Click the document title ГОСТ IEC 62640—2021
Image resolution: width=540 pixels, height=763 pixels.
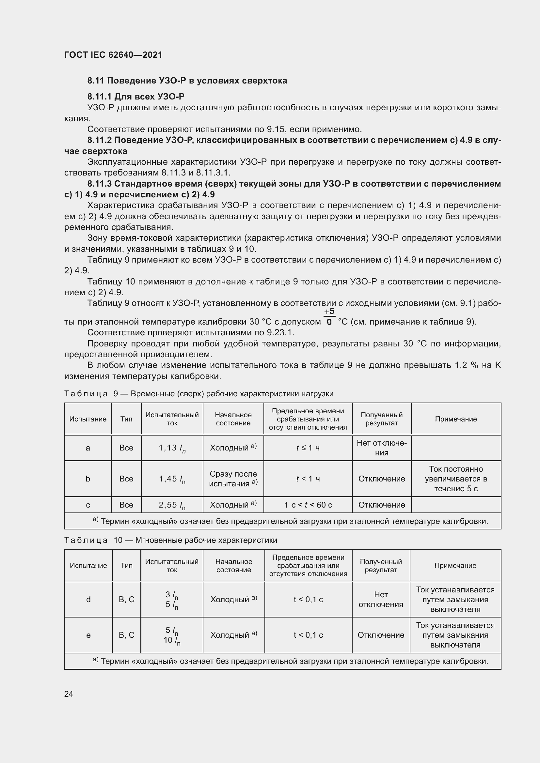(113, 55)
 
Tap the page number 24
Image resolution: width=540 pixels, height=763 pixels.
(69, 694)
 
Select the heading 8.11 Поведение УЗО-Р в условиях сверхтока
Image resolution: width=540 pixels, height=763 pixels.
(187, 81)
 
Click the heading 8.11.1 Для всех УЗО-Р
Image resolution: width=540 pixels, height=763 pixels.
(136, 97)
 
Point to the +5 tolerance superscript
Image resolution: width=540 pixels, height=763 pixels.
(329, 312)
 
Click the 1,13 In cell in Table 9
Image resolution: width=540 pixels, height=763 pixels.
(172, 448)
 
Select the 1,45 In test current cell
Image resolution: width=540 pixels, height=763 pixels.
(172, 479)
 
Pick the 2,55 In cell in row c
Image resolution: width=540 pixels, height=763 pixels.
(172, 505)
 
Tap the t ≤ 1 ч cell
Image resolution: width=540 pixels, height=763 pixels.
(308, 448)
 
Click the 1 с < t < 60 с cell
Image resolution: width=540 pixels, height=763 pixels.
(308, 505)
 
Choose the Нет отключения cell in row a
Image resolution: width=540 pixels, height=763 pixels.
(381, 448)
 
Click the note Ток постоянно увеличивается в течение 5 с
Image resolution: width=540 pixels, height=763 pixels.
(455, 479)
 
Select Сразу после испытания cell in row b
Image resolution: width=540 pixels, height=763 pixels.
(233, 479)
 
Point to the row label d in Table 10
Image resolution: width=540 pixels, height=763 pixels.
(88, 600)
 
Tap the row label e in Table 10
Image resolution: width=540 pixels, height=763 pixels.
(88, 635)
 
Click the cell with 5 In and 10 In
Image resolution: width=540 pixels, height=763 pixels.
(172, 635)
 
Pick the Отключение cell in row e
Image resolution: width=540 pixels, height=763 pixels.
(381, 635)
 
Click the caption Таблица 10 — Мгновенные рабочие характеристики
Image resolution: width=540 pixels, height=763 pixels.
(170, 540)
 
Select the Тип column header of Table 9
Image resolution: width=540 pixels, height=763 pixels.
(126, 419)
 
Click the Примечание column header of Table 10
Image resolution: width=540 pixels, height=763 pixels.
(455, 565)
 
